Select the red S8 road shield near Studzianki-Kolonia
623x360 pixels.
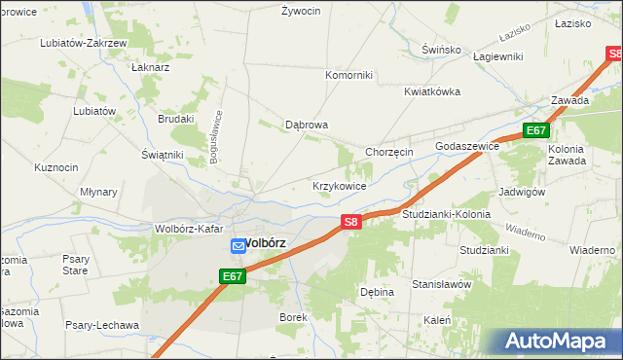click(x=352, y=223)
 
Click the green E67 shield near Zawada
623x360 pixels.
click(x=536, y=130)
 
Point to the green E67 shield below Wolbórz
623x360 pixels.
click(x=231, y=277)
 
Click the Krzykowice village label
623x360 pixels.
click(x=339, y=185)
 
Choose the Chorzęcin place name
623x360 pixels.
click(x=389, y=152)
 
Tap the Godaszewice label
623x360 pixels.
click(x=467, y=145)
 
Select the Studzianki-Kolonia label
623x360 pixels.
click(x=445, y=213)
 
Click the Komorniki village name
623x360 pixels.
click(x=348, y=75)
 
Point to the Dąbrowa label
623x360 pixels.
click(x=307, y=125)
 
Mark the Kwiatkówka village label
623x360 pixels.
click(x=432, y=91)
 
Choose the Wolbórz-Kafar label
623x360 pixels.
click(x=190, y=229)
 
